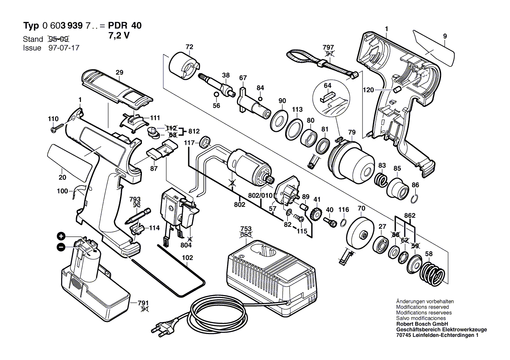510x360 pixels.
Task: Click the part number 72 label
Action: tap(189, 47)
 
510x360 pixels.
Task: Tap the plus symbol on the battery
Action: tap(61, 237)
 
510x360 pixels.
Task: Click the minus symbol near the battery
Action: tap(61, 247)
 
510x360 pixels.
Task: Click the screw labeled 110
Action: tap(57, 128)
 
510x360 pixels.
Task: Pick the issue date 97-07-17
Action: tap(61, 48)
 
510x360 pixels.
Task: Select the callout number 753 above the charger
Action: tap(246, 229)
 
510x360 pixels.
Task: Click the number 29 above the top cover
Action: tap(119, 72)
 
